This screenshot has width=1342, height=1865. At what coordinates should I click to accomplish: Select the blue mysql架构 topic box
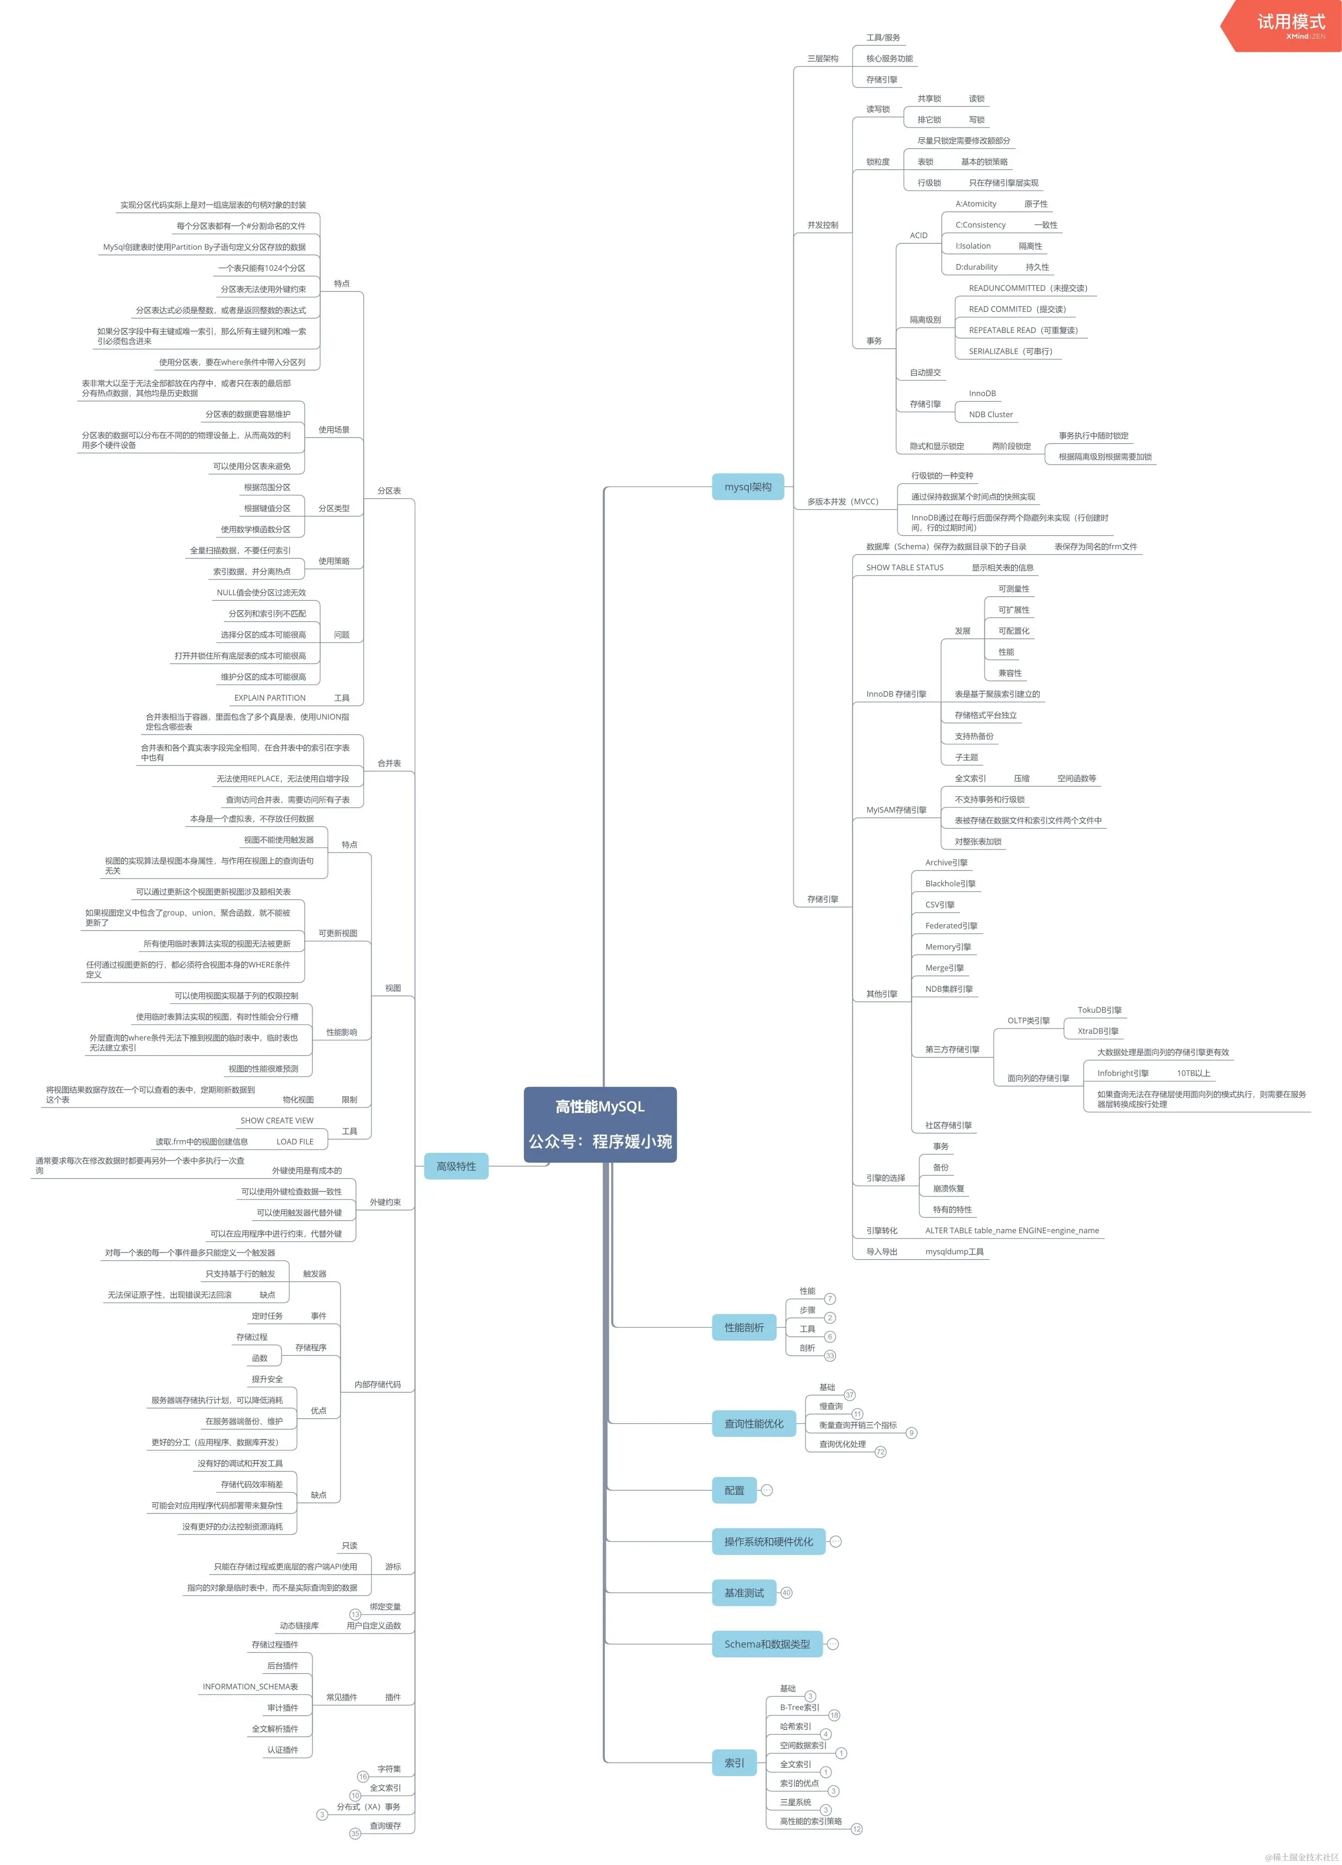pos(748,487)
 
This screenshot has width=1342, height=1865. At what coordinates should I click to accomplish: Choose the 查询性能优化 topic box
pos(753,1423)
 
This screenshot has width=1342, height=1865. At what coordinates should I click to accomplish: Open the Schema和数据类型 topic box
pos(767,1644)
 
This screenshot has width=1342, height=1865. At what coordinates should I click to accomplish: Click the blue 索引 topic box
pos(734,1762)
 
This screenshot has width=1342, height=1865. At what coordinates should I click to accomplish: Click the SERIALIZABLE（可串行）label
pos(1010,351)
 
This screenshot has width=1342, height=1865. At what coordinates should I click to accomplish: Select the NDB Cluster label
pos(990,414)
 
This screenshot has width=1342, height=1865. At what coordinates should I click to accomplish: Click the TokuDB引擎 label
pos(1100,1010)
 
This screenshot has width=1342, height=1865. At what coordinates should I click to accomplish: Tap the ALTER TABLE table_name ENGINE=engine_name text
pos(1011,1230)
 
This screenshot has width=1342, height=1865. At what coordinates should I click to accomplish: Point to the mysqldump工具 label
pos(954,1252)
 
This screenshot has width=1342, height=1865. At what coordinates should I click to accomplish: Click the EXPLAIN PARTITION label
pos(270,698)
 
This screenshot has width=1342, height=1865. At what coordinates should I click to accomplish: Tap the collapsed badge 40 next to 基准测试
pos(786,1593)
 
